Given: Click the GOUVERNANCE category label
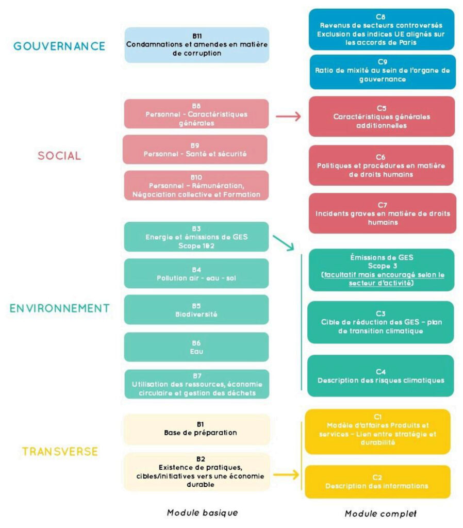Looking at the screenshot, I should point(59,46).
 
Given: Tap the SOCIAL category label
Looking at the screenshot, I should point(59,156).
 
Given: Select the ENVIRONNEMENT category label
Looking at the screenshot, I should point(59,308).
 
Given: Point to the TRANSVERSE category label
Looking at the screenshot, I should point(60,452).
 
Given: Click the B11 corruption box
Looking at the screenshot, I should point(196,45).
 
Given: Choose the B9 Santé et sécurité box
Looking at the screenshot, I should point(196,150).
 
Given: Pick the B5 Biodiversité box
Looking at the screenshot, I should point(196,309).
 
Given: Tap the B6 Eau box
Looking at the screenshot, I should point(196,346).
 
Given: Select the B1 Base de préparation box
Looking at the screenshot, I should point(196,429).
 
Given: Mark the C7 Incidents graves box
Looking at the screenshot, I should point(382,213).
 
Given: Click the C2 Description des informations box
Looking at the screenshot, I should point(377,482).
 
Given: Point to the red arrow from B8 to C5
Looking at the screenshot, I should point(288,116).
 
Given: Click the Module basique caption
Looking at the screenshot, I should point(202,513).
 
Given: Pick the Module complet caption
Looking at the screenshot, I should point(381,514).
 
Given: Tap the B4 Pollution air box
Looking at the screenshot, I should point(196,274).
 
